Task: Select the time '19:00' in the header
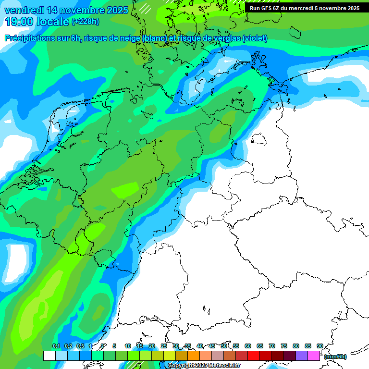[18, 22]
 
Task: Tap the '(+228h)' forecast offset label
[86, 22]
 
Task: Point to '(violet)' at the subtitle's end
[255, 38]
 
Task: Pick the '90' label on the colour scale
[320, 346]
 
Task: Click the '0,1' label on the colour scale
[56, 346]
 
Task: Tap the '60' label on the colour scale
[248, 346]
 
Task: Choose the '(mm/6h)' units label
[335, 357]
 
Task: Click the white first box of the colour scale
[49, 356]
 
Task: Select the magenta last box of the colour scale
[314, 356]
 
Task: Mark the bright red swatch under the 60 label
[254, 356]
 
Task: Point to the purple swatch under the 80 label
[302, 356]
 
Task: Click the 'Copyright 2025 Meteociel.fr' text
[204, 365]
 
